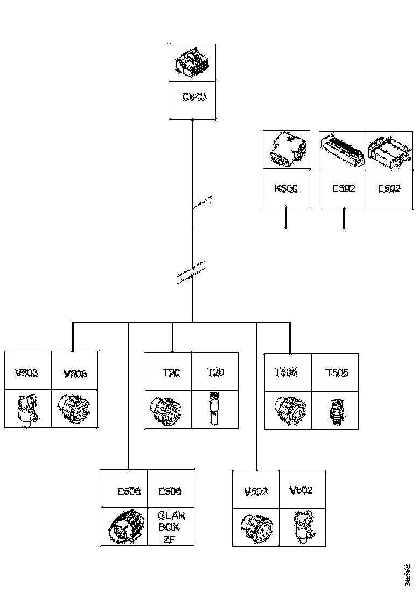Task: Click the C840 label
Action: [194, 98]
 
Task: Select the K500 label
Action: [286, 189]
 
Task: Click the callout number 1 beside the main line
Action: [210, 200]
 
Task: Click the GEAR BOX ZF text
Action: [171, 528]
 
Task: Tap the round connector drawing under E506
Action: [124, 526]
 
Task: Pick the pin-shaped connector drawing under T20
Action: [215, 409]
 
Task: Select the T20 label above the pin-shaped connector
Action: [215, 372]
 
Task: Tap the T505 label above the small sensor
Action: [337, 372]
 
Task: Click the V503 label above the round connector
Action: [75, 373]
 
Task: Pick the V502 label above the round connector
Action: [255, 491]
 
